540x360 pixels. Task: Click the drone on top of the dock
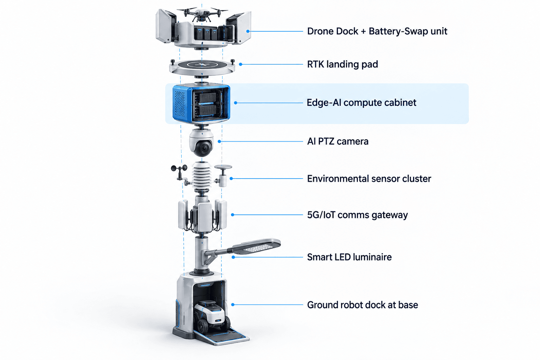tap(202, 14)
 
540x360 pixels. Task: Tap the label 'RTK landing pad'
tap(342, 64)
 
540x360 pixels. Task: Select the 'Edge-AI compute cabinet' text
tap(361, 103)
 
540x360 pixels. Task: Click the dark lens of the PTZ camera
tap(203, 148)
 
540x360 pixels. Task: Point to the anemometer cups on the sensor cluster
tap(179, 168)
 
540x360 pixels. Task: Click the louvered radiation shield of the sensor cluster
tap(201, 175)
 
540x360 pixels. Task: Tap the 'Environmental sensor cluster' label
tap(369, 179)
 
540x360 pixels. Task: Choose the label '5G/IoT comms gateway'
tap(357, 215)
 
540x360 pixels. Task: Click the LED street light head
tap(256, 247)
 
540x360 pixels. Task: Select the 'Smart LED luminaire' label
tap(349, 257)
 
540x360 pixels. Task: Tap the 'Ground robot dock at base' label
tap(362, 305)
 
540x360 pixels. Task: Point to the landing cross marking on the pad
tap(202, 65)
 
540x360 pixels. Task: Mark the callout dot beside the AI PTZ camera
tap(219, 142)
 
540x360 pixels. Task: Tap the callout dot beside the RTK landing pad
tap(240, 64)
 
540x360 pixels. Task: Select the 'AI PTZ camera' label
tap(337, 142)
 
